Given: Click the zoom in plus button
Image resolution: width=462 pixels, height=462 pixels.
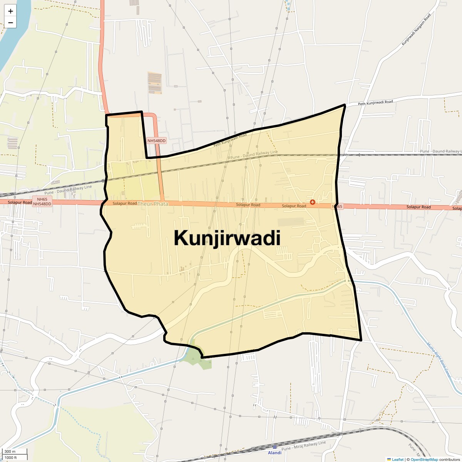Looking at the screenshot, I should pos(10,12).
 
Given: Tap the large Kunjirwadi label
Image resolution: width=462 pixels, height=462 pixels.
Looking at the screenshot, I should pos(227,238).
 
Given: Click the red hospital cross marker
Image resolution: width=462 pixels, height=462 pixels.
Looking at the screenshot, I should pos(312,202).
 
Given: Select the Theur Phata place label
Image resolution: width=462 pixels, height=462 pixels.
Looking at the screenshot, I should pos(153,204).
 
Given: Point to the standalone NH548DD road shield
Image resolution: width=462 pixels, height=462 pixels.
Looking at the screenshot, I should pos(156,141).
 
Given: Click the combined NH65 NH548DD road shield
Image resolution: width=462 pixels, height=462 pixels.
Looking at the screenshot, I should pos(42,201).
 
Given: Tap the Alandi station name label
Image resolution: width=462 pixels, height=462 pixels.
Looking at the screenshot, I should pos(275,453).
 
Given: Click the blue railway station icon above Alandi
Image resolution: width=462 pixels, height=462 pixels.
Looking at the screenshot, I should pos(275,447).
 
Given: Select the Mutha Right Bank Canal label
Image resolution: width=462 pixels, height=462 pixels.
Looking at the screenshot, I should pos(439,360).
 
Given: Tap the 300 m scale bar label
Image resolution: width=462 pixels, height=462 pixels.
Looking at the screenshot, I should pos(10,452).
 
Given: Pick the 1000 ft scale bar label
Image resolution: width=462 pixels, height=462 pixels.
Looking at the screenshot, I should pos(11,457).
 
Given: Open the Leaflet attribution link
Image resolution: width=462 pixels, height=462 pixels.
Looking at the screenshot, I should pos(397,459).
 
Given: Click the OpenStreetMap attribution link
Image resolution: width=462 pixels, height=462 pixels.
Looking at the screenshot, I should pos(424,459).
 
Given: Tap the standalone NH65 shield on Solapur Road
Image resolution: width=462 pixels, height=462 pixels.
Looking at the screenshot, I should pos(337,207).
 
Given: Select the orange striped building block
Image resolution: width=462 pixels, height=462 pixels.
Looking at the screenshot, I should pos(155,82).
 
